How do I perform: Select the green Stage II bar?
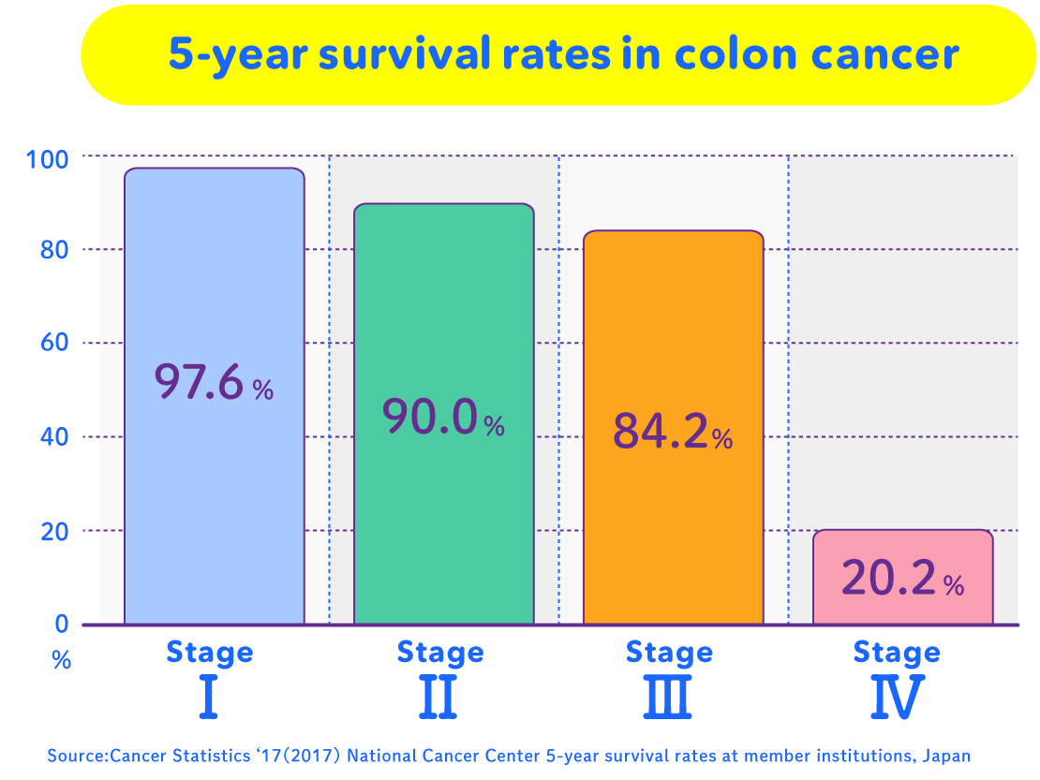coord(443,300)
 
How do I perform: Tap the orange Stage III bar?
coord(673,318)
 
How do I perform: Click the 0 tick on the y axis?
coord(62,624)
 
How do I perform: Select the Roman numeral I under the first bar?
coord(209,698)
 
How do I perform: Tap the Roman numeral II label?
coord(439,698)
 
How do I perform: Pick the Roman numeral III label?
coord(669,698)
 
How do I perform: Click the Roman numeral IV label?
coord(897,698)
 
